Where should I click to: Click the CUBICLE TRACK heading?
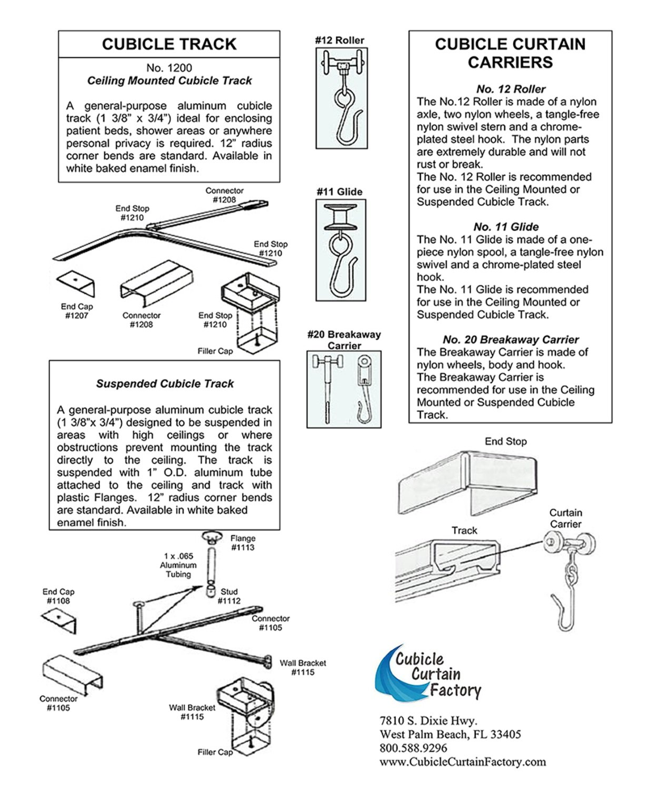[x=169, y=44]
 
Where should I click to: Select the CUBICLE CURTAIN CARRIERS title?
[x=510, y=53]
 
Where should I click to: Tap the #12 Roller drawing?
[x=341, y=98]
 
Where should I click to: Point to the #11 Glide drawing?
[x=341, y=250]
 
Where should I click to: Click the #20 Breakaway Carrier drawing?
[x=343, y=389]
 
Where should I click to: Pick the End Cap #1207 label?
[x=76, y=311]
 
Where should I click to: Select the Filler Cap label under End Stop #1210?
[x=215, y=351]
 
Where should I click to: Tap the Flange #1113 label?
[x=243, y=543]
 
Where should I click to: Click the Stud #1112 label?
[x=229, y=596]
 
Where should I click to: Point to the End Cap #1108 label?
[x=58, y=596]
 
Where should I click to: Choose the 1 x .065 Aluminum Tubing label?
[x=178, y=565]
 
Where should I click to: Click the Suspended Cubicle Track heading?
[x=165, y=384]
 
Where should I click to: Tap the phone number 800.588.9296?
[x=413, y=748]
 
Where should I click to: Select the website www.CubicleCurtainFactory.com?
[x=463, y=762]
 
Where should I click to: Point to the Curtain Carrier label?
[x=565, y=518]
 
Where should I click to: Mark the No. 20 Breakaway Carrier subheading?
[x=510, y=339]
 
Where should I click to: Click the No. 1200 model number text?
[x=169, y=68]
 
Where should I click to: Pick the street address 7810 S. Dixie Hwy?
[x=428, y=721]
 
